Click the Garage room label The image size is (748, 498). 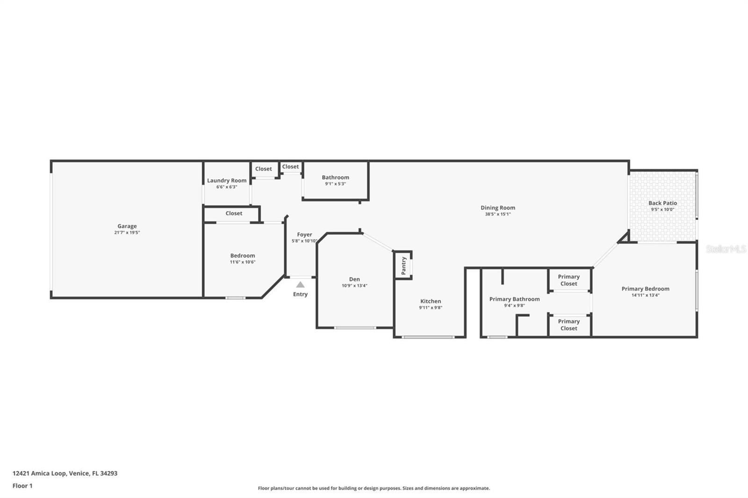tap(127, 226)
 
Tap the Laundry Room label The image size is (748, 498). tap(227, 181)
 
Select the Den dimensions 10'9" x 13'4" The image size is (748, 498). tap(354, 286)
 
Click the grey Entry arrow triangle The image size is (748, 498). tap(300, 285)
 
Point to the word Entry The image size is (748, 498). tap(300, 294)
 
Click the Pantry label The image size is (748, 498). tap(403, 266)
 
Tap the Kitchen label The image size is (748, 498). tap(431, 301)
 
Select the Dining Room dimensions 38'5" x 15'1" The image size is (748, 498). tap(498, 214)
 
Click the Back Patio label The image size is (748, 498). tap(662, 203)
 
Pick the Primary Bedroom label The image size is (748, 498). tap(645, 289)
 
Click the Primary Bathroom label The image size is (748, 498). tap(514, 299)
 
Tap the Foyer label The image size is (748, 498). tap(304, 235)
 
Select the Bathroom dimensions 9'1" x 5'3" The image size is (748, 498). tap(335, 184)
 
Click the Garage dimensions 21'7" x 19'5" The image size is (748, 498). tap(127, 233)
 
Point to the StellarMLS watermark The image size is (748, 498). tap(726, 249)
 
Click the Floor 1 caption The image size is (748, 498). tap(22, 486)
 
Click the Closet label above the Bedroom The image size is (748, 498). tap(234, 213)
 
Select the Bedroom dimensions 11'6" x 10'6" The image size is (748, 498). tap(243, 263)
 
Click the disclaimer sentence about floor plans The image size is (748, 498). tap(374, 488)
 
